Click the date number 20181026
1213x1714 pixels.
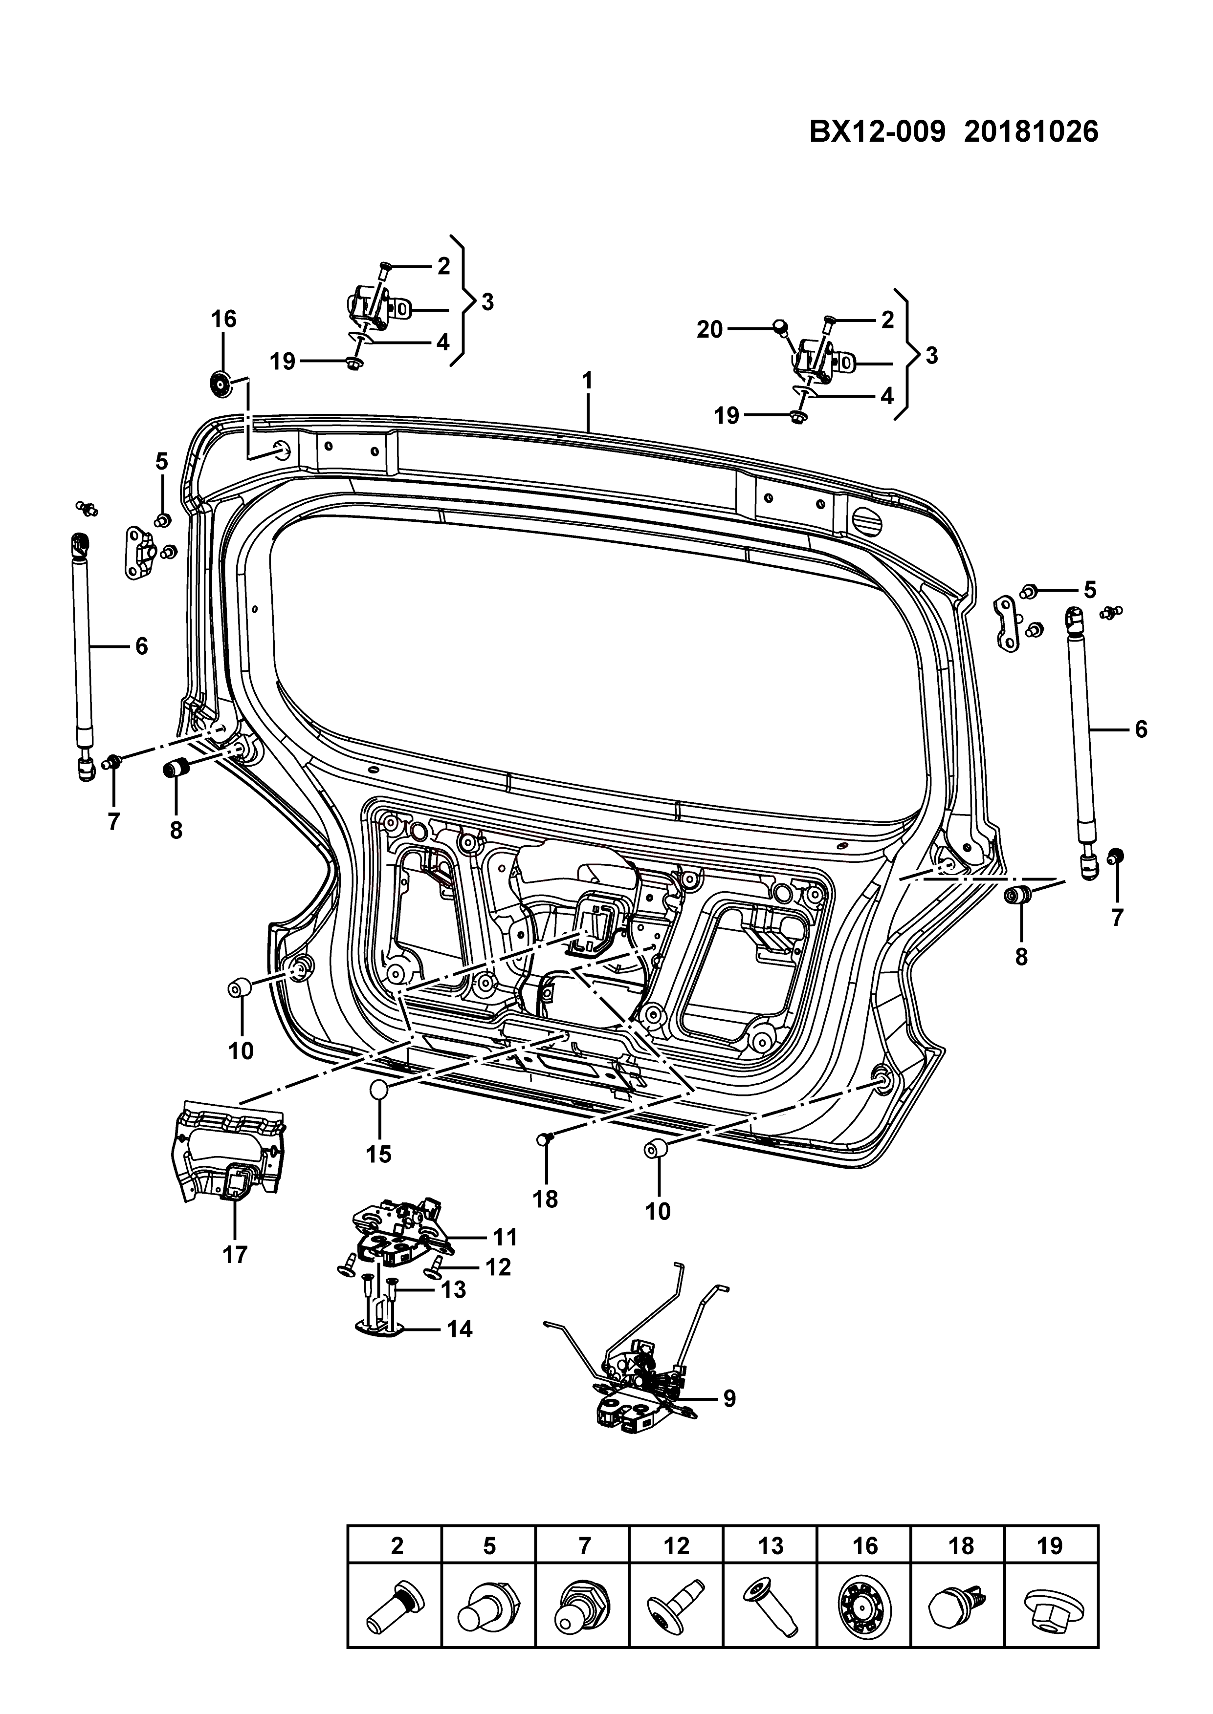[x=1032, y=132]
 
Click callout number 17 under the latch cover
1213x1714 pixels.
[x=235, y=1255]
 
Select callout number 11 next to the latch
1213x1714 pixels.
[x=505, y=1237]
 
